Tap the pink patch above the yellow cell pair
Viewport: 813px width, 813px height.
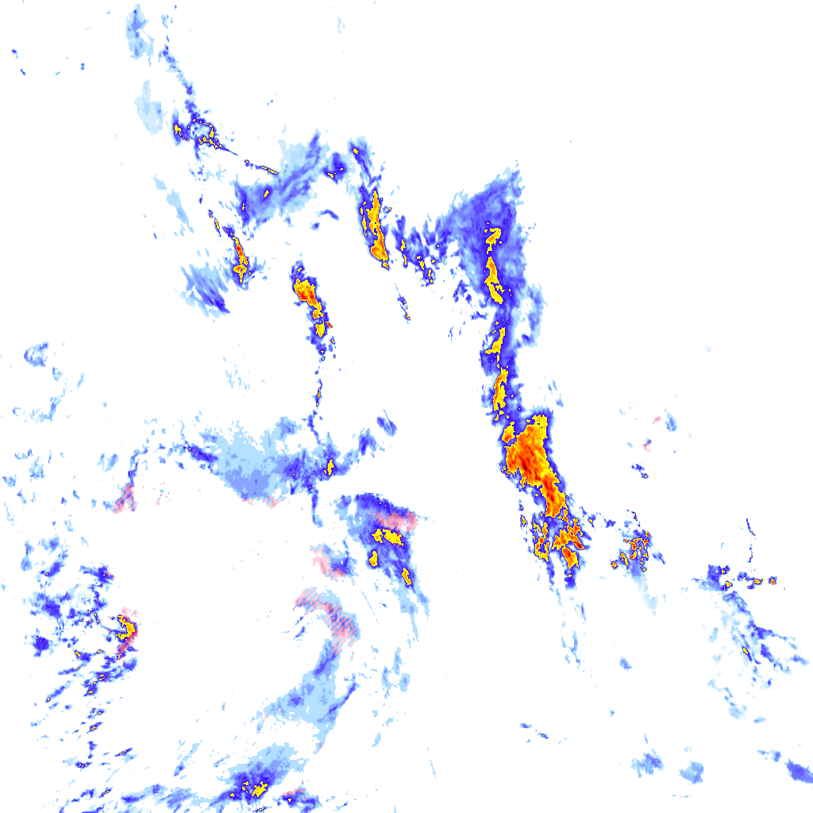tap(397, 520)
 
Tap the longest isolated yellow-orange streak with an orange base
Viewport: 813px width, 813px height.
tap(376, 226)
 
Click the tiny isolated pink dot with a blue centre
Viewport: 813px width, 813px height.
tap(647, 443)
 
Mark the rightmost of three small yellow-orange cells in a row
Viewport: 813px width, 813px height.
tap(772, 581)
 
